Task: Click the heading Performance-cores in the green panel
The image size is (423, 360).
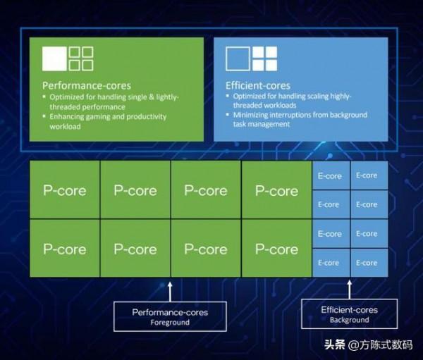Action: pyautogui.click(x=87, y=85)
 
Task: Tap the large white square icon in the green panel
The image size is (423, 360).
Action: pyautogui.click(x=54, y=58)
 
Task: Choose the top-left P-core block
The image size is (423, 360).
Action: pyautogui.click(x=65, y=190)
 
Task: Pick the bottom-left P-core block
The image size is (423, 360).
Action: pyautogui.click(x=65, y=249)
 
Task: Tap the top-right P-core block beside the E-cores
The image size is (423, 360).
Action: pyautogui.click(x=276, y=190)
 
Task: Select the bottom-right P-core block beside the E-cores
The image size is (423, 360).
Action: pyautogui.click(x=276, y=249)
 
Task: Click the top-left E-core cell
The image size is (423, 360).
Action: pyautogui.click(x=329, y=175)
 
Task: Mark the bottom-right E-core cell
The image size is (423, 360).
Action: pyautogui.click(x=367, y=263)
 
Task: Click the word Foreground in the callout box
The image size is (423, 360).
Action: pyautogui.click(x=170, y=323)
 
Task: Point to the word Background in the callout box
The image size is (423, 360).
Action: pyautogui.click(x=349, y=320)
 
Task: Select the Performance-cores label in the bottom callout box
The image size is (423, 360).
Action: pyautogui.click(x=170, y=312)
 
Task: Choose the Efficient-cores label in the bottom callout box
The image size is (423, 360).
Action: pyautogui.click(x=349, y=309)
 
